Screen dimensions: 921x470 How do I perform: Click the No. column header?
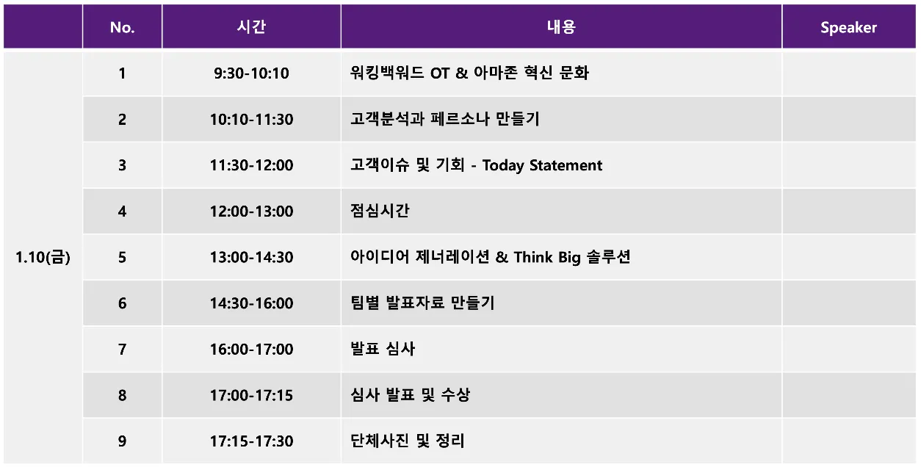click(122, 28)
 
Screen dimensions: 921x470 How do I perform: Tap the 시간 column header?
click(251, 27)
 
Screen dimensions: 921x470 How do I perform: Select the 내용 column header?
click(561, 27)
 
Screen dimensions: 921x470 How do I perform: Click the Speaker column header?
click(848, 28)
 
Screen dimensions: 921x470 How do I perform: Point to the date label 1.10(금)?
click(43, 258)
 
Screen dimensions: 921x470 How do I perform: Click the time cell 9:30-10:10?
click(251, 73)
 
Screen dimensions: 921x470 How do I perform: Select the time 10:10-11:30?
click(251, 119)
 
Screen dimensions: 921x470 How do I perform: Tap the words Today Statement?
click(542, 165)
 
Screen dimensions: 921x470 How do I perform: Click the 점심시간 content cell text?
click(380, 211)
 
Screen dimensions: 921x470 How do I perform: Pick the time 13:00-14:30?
click(251, 258)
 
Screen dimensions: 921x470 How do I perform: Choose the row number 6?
click(122, 303)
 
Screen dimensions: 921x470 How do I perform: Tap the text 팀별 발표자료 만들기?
click(422, 303)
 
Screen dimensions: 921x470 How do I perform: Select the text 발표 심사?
click(383, 349)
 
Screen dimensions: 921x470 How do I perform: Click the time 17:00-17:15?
click(251, 395)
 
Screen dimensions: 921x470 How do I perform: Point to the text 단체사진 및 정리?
click(407, 441)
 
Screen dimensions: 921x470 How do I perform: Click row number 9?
click(122, 441)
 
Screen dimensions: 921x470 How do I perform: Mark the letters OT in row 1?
click(440, 73)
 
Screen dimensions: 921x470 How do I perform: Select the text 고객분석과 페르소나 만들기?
click(444, 119)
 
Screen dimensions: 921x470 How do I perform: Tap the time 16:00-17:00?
click(251, 349)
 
